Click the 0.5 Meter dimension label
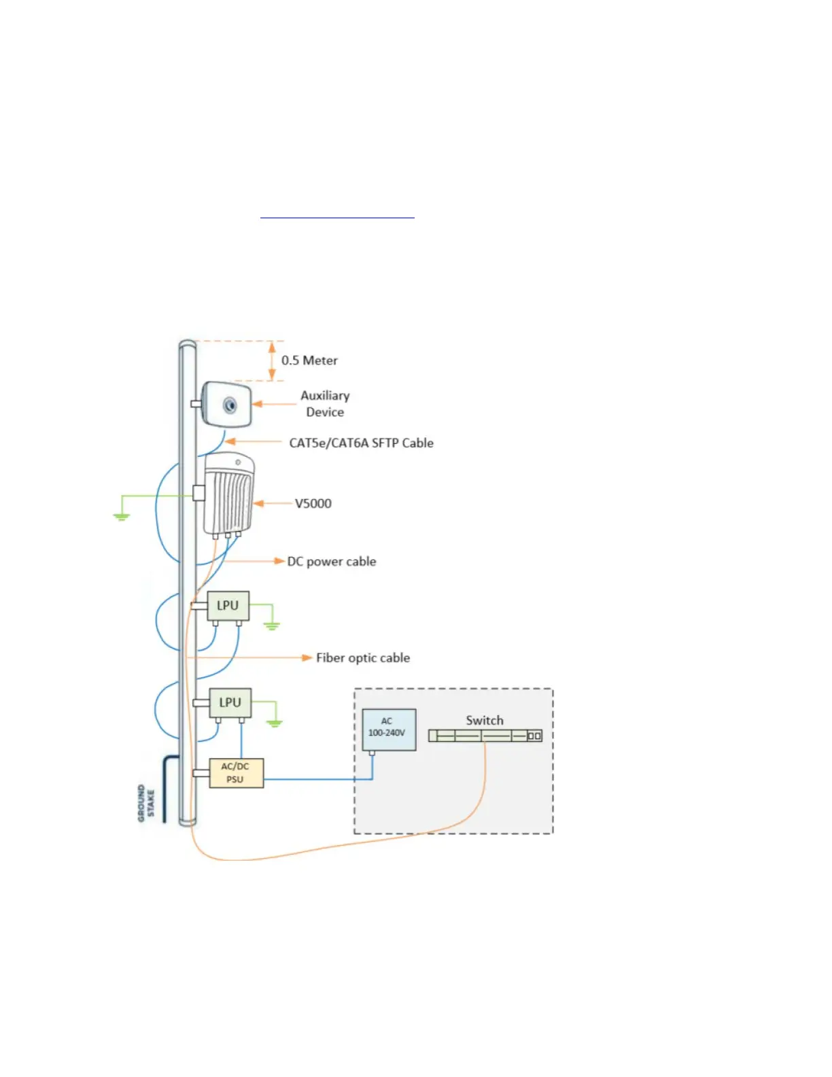(x=309, y=360)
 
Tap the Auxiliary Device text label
(x=325, y=404)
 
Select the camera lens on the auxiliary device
(x=230, y=405)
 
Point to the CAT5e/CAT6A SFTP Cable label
(x=361, y=443)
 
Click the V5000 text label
(x=313, y=504)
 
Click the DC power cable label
(x=331, y=562)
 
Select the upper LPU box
(x=228, y=605)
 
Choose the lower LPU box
(x=230, y=702)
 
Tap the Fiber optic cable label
(x=362, y=658)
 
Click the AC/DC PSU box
(x=235, y=773)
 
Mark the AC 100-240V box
(x=387, y=729)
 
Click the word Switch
(x=485, y=720)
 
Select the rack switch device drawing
(x=485, y=736)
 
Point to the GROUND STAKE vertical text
(x=146, y=803)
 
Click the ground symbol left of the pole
(x=121, y=517)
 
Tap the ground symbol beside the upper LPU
(x=272, y=626)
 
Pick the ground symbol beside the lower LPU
(x=274, y=723)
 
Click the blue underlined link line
(x=337, y=218)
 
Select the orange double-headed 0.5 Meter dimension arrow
(x=272, y=360)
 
